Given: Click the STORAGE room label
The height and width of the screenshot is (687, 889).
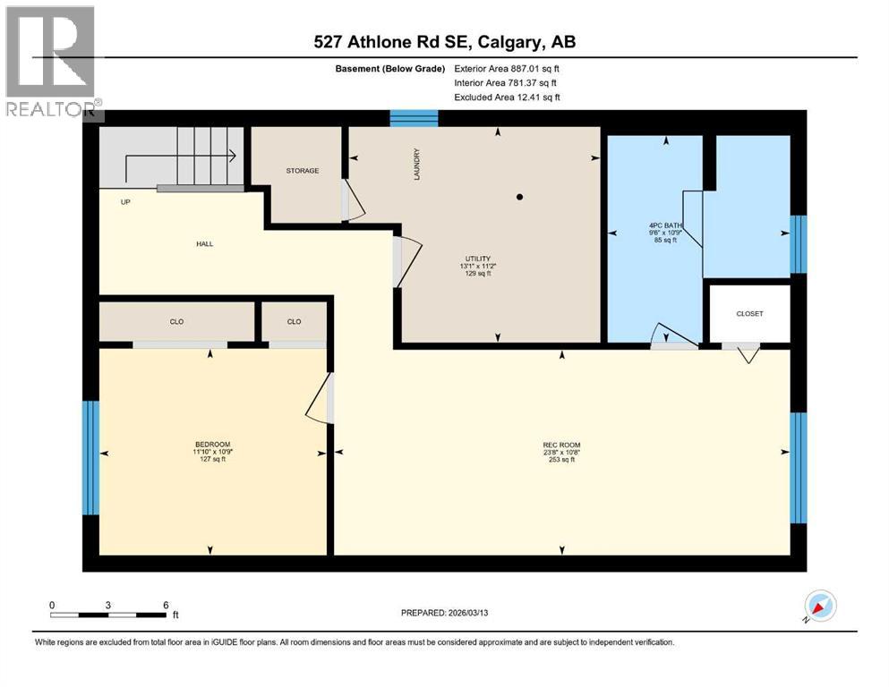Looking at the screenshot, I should pos(302,171).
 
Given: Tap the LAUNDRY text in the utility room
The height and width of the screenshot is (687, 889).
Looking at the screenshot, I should pos(416,165).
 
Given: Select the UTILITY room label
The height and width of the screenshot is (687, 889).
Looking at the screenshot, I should pos(476,259).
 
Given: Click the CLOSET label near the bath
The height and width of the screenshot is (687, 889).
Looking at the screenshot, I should pos(749,314).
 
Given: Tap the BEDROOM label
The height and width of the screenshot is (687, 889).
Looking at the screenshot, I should pos(213,445).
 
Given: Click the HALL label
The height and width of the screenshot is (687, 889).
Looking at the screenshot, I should pos(205,243).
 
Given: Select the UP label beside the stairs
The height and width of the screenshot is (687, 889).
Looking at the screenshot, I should pos(126,202).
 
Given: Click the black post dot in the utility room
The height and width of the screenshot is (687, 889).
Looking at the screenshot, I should pos(519,196).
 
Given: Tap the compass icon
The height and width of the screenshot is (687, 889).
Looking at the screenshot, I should pos(819,606).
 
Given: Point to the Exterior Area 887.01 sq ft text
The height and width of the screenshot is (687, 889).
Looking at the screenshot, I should pos(508,68).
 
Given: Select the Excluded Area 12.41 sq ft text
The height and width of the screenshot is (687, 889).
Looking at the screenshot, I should pos(508,97).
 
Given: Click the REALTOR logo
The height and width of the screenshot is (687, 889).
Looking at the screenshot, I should pos(51,62).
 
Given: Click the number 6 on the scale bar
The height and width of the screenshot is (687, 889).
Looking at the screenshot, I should pos(166,605).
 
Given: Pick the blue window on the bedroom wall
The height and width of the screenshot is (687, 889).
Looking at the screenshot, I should pos(90,458).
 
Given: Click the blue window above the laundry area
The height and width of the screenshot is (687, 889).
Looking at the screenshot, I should pos(414,118).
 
